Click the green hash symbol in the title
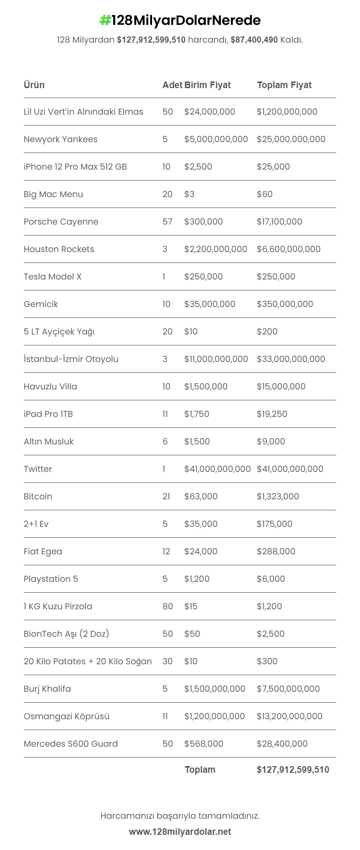tap(105, 20)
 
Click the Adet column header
tap(172, 85)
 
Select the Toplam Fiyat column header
tap(284, 85)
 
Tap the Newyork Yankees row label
tap(61, 139)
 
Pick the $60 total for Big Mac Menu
tap(264, 194)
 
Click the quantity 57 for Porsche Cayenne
tap(168, 222)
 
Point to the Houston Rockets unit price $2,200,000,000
tap(216, 249)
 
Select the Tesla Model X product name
tap(53, 277)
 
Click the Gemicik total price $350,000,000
tap(285, 304)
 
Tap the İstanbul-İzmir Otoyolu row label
tap(71, 359)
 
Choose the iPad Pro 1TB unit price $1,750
tap(197, 414)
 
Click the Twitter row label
tap(38, 469)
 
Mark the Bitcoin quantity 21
tap(166, 497)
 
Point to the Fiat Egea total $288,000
tap(276, 552)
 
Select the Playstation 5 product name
tap(51, 579)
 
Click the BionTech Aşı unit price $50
tap(192, 634)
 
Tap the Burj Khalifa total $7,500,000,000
tap(288, 689)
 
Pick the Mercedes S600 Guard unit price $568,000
tap(204, 744)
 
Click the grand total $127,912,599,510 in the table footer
tap(293, 770)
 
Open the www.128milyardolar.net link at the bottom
tap(180, 832)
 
